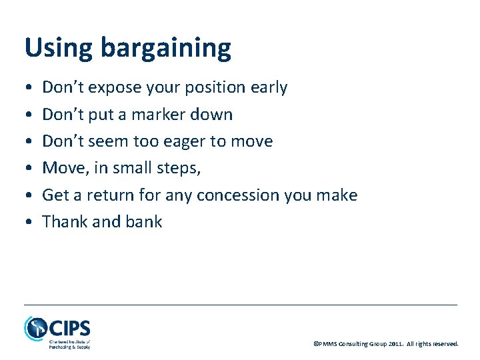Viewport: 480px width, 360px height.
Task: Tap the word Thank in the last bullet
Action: (x=61, y=222)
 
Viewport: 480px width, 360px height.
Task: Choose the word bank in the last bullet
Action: (x=144, y=222)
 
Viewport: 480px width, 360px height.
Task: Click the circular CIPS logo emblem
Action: (x=35, y=328)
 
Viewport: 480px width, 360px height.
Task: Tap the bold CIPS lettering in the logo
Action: (x=69, y=328)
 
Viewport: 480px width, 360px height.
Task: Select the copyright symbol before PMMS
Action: (x=315, y=344)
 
